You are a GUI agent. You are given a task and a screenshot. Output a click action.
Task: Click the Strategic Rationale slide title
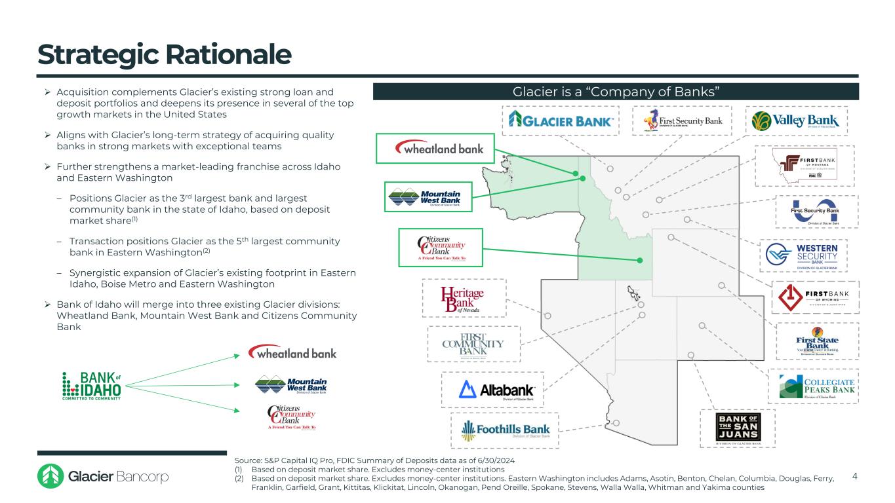164,55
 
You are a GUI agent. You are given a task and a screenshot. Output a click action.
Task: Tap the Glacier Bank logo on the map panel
562,121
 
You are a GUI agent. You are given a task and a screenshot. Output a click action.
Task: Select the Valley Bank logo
796,121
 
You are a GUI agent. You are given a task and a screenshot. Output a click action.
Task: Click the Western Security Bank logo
803,255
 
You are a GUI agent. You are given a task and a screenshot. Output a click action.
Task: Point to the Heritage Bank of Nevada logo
463,298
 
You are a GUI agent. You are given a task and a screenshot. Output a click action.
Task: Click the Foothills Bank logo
505,430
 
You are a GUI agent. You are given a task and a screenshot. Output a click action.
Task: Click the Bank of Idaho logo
92,386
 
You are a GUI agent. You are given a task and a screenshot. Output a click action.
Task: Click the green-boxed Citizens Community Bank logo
441,248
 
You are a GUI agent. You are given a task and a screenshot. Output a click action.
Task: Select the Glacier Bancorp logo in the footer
103,476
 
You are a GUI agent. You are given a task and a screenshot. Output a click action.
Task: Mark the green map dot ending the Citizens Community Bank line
639,261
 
